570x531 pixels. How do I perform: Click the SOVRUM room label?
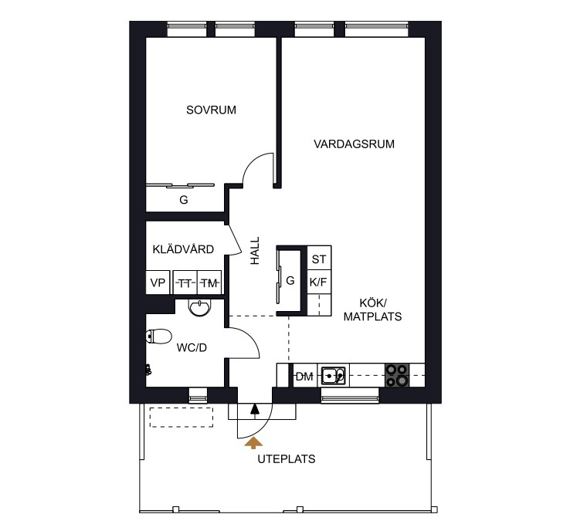211,110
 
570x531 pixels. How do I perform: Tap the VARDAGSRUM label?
354,144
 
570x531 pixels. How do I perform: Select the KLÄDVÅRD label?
183,249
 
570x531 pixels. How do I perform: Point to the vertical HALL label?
255,251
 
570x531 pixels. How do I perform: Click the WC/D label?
192,347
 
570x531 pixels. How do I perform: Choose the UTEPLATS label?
287,459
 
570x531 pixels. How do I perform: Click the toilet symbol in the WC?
159,337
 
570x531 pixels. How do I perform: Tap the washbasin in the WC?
199,307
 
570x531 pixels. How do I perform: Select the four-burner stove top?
397,375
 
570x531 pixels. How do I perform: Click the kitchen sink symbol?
333,375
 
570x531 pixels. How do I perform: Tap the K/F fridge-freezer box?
319,282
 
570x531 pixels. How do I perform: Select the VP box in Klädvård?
158,282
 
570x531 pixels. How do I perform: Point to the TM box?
209,282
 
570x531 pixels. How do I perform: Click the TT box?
185,282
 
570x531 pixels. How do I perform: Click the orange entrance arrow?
253,443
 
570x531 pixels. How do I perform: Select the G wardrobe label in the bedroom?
184,200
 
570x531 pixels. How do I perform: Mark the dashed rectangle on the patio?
182,417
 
